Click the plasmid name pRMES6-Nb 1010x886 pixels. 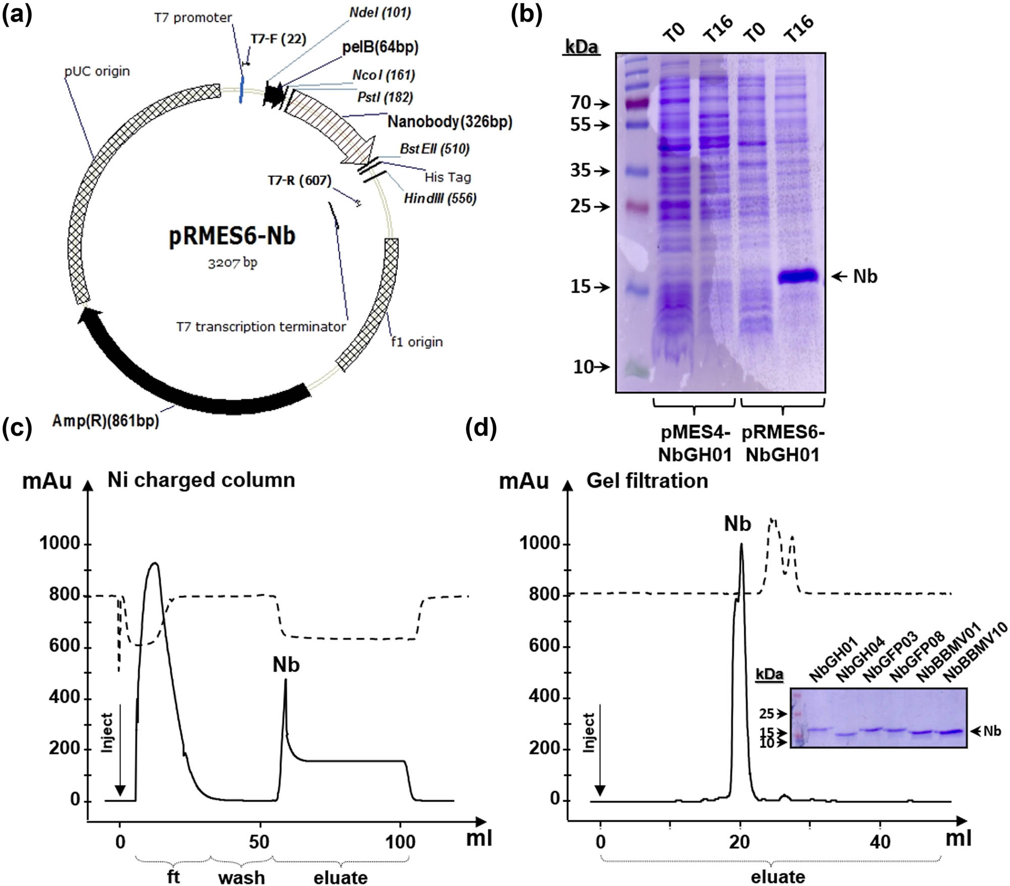coord(232,236)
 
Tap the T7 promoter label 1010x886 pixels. coord(192,18)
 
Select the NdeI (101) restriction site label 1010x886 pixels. coord(380,12)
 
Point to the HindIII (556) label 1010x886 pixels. coord(440,198)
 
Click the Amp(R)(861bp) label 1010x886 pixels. coord(106,420)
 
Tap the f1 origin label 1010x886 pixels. coord(417,342)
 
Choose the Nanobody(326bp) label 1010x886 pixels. coord(449,122)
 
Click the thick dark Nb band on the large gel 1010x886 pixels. coord(797,276)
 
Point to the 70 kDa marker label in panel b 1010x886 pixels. coord(581,103)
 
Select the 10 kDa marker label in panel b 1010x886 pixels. coord(583,367)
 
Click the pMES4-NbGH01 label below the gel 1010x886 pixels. coord(694,444)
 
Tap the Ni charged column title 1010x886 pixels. coord(201,480)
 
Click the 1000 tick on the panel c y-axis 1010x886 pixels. coord(60,543)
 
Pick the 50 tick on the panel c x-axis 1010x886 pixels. coord(259,842)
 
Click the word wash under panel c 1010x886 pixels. coord(241,877)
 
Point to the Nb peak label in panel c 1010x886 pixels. coord(286,665)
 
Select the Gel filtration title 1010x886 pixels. coord(647,481)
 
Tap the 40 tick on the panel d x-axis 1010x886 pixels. coord(880,842)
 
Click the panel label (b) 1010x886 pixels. coord(526,15)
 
